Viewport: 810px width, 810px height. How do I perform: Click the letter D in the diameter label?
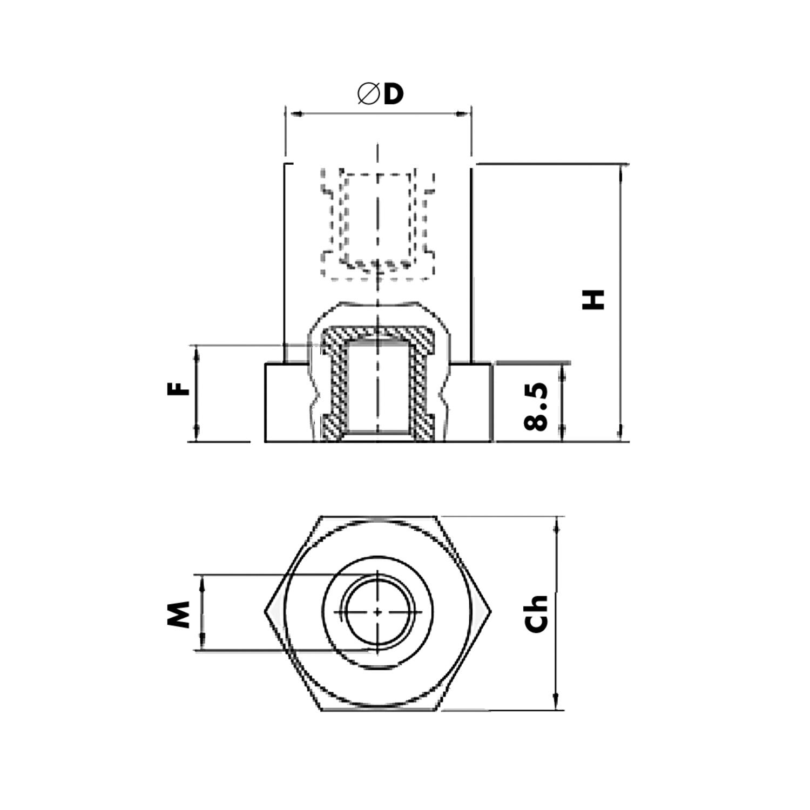pos(394,94)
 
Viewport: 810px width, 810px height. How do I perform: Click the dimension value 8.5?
pos(536,407)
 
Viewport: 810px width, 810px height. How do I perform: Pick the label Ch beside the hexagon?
pos(537,614)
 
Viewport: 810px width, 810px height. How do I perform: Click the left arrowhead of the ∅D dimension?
pos(294,114)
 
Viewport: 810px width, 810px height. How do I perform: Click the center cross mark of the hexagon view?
pos(377,612)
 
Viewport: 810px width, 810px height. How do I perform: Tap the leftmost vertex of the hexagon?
pos(265,612)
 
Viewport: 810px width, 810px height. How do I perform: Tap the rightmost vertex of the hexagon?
pos(491,612)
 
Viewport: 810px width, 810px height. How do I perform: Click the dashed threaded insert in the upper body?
pos(377,221)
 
